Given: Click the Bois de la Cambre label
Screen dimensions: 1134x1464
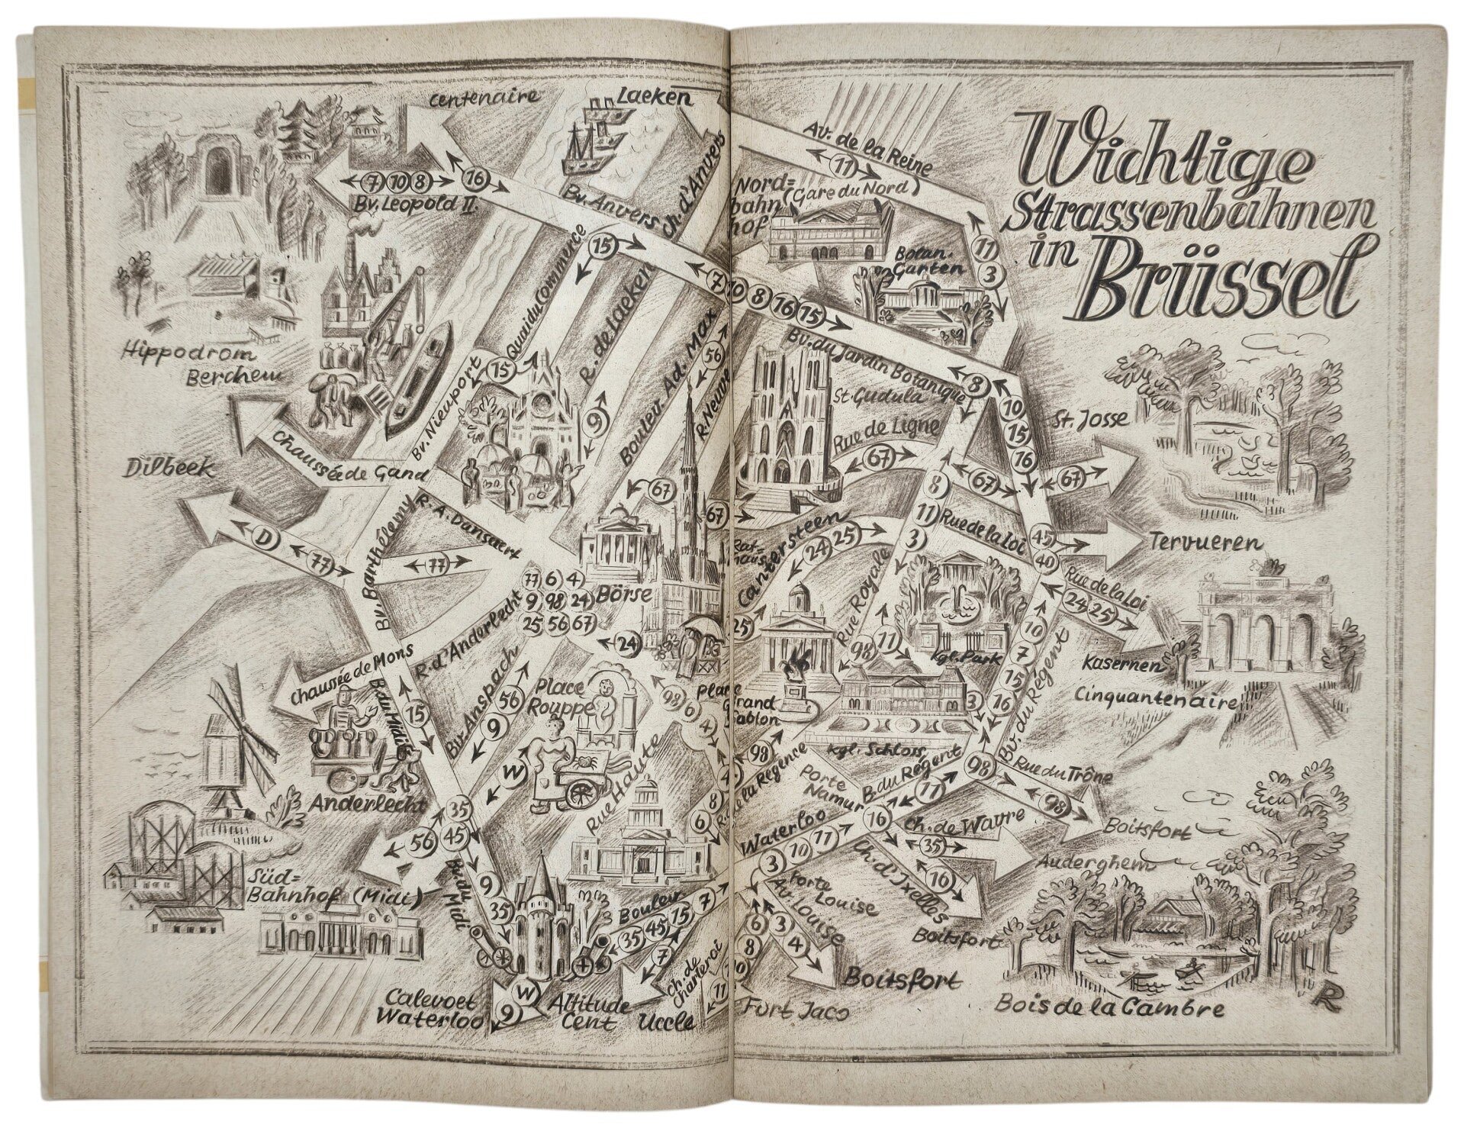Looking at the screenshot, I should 1110,1008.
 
